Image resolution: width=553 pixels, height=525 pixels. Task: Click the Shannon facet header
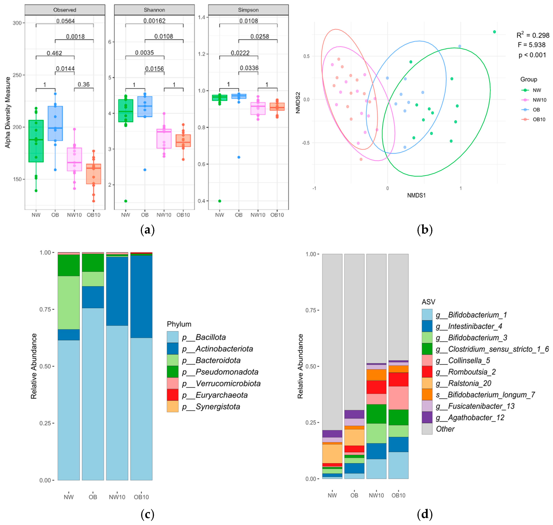pyautogui.click(x=154, y=10)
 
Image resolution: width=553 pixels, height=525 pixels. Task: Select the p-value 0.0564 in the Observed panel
pyautogui.click(x=65, y=21)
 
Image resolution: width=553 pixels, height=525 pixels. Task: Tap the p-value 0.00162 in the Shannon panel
pyautogui.click(x=154, y=21)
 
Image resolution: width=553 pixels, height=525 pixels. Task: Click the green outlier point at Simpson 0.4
pyautogui.click(x=220, y=201)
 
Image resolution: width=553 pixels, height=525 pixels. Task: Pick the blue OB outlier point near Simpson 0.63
pyautogui.click(x=239, y=157)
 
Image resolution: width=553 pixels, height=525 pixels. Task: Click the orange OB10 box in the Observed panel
pyautogui.click(x=93, y=174)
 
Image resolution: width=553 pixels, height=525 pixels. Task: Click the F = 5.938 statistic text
pyautogui.click(x=531, y=45)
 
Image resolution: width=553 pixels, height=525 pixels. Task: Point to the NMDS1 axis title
pyautogui.click(x=416, y=195)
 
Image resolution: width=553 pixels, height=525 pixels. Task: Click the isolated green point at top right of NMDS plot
pyautogui.click(x=494, y=32)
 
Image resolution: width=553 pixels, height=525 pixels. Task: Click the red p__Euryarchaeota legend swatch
pyautogui.click(x=173, y=395)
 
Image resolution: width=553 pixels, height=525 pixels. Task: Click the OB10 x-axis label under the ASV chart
pyautogui.click(x=398, y=495)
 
